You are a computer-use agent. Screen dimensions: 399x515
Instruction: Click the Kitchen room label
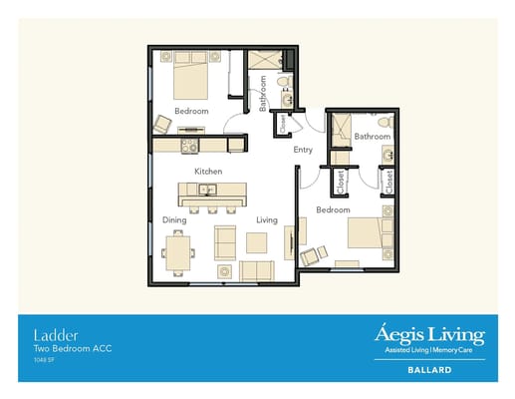tap(207, 172)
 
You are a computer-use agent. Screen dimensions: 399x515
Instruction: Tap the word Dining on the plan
tap(174, 219)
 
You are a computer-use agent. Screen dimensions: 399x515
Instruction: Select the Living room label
tap(266, 219)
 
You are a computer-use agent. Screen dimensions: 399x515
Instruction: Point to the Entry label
tap(303, 151)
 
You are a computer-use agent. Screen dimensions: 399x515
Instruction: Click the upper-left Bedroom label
tap(191, 111)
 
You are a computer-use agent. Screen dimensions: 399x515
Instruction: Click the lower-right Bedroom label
tap(333, 210)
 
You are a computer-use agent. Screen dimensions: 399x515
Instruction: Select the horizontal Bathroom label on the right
tap(372, 136)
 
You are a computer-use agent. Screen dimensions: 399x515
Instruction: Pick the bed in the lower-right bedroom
tap(369, 235)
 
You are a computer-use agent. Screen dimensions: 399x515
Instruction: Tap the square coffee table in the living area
tap(257, 242)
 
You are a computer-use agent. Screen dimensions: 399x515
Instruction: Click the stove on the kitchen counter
tap(187, 146)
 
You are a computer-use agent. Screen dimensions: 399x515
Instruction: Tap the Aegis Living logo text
tap(428, 333)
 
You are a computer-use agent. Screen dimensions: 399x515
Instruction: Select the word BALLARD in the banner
tap(429, 369)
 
